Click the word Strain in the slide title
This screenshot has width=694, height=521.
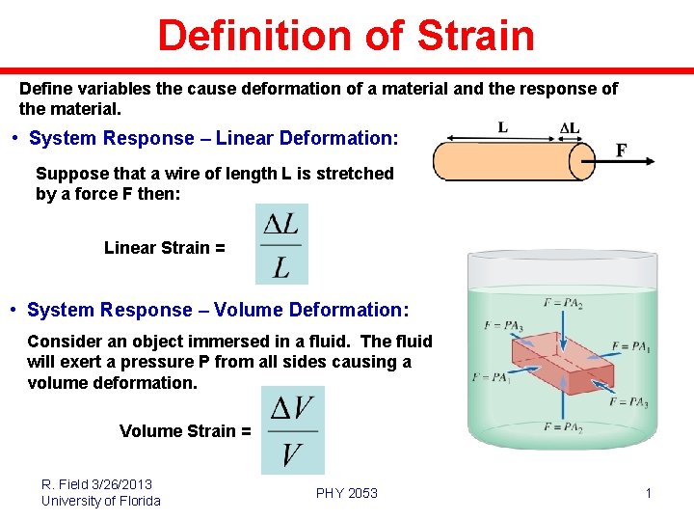pyautogui.click(x=475, y=36)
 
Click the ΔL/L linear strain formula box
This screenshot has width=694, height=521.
pyautogui.click(x=281, y=244)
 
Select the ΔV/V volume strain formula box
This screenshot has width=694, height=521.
pyautogui.click(x=292, y=430)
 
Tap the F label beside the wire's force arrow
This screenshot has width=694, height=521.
pyautogui.click(x=622, y=151)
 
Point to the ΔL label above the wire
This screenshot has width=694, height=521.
pyautogui.click(x=571, y=127)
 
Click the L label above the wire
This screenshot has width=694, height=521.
pyautogui.click(x=503, y=126)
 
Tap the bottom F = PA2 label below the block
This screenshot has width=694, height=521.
pyautogui.click(x=562, y=427)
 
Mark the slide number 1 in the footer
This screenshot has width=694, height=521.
pyautogui.click(x=649, y=494)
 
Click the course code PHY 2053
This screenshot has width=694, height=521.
pyautogui.click(x=347, y=493)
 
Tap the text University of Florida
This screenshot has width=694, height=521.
pyautogui.click(x=101, y=501)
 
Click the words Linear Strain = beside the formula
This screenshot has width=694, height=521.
pyautogui.click(x=165, y=248)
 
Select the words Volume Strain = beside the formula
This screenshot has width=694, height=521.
pyautogui.click(x=185, y=431)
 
